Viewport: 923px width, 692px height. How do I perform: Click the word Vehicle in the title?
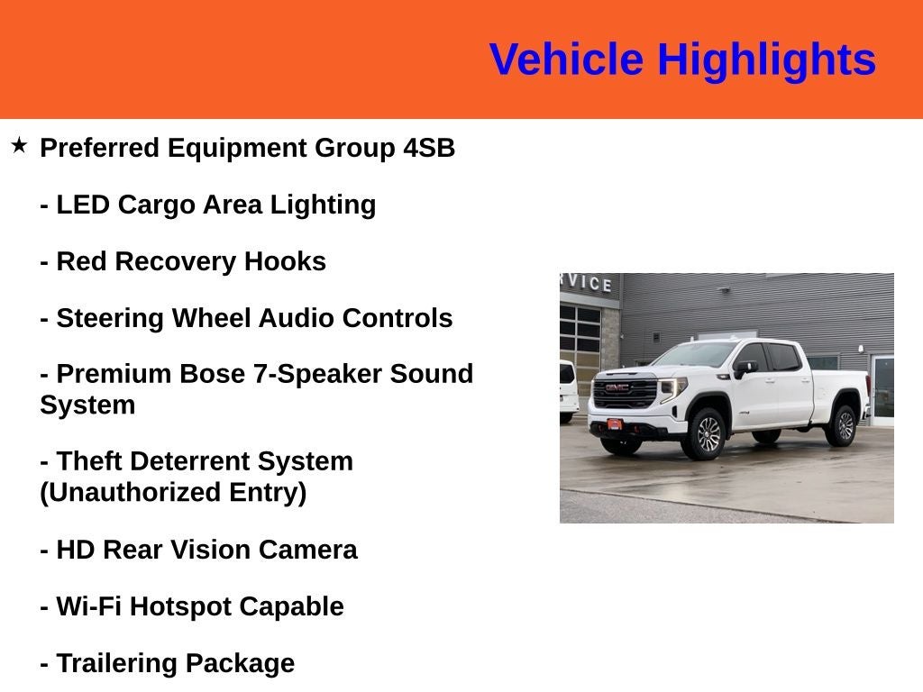(566, 59)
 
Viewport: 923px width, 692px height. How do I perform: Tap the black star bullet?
(19, 145)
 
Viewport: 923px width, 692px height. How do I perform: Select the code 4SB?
(429, 148)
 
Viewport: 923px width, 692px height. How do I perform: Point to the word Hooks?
(285, 261)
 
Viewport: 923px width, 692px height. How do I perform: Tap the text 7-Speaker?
(317, 374)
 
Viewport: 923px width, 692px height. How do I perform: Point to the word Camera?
(307, 551)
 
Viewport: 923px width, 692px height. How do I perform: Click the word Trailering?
(116, 664)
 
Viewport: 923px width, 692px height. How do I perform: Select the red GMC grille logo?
(617, 387)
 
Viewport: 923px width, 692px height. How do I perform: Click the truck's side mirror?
(744, 369)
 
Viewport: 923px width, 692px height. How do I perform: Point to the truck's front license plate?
(615, 424)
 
